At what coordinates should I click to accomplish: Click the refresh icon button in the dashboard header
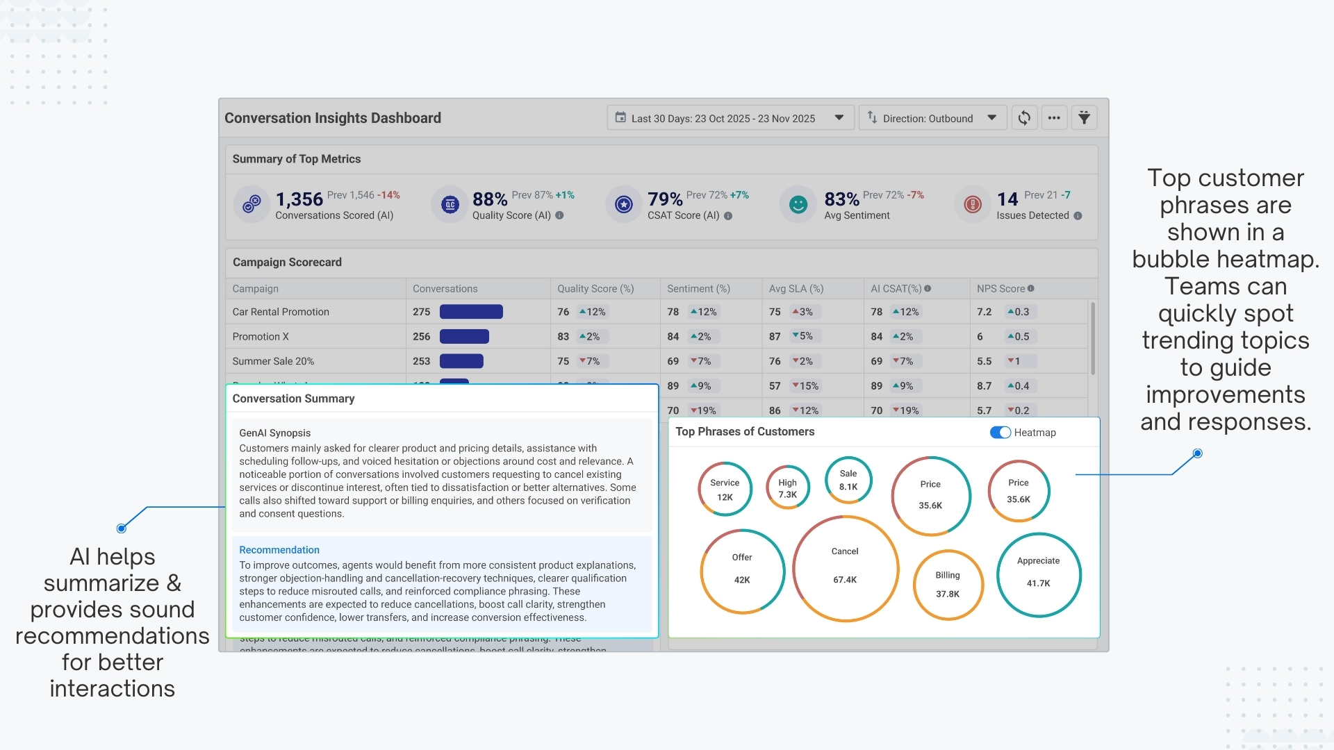coord(1024,118)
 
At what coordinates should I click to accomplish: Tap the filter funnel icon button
coord(1084,118)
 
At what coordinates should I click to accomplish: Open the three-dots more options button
coord(1054,118)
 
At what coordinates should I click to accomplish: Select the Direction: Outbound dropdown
coord(932,118)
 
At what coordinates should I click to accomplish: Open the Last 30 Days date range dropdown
coord(730,118)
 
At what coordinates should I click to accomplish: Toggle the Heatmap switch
coord(1000,433)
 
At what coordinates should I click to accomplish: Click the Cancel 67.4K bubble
coord(845,567)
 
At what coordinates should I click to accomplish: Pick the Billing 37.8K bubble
coord(948,585)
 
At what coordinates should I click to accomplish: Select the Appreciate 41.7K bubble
coord(1038,574)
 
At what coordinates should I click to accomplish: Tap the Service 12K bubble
coord(725,490)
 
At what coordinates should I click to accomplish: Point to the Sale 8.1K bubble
coord(848,480)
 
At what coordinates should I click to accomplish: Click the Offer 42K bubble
coord(742,571)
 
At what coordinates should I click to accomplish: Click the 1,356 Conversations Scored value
coord(299,200)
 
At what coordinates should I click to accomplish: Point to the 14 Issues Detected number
coord(1007,200)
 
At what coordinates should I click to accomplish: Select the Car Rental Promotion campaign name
coord(281,312)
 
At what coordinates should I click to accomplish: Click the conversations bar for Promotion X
coord(464,337)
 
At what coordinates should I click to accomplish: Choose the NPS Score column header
coord(1000,289)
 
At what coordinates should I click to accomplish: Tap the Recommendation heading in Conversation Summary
coord(279,550)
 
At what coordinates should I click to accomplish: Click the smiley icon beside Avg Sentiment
coord(798,204)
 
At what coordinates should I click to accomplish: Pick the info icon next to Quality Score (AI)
coord(559,216)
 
